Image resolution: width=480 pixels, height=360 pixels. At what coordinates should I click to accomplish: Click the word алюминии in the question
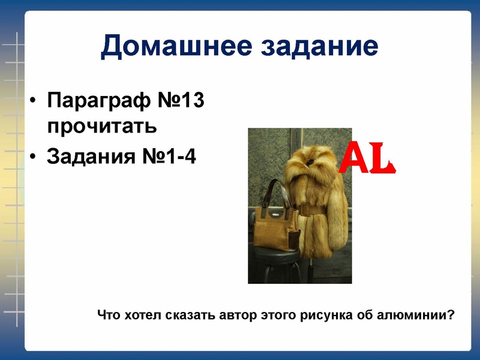point(419,314)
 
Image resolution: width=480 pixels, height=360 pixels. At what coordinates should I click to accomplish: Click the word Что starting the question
point(109,314)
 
